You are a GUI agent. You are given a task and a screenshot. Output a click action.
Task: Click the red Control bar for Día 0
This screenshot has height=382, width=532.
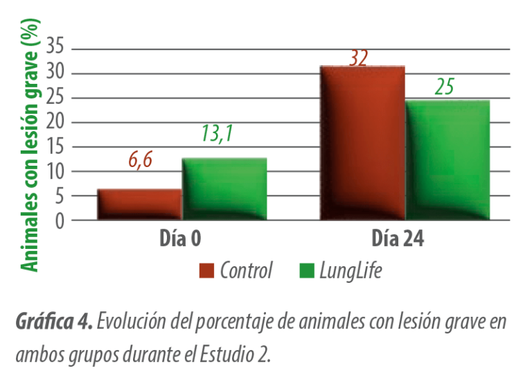click(139, 204)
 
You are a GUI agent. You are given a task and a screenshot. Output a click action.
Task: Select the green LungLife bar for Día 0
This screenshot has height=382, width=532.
click(224, 189)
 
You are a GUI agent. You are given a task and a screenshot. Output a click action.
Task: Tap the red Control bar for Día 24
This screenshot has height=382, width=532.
click(362, 143)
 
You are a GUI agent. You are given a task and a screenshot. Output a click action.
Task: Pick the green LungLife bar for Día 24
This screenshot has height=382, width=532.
click(447, 160)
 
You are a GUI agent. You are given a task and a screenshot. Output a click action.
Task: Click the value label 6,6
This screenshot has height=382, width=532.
click(140, 160)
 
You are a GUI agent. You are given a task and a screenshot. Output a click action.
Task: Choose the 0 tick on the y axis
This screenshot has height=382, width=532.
click(60, 221)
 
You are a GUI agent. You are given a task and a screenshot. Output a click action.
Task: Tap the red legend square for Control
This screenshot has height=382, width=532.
click(206, 270)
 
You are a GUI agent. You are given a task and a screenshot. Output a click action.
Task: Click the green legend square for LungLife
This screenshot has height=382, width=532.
click(305, 270)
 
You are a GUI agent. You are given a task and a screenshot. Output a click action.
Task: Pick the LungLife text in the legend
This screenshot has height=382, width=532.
click(351, 270)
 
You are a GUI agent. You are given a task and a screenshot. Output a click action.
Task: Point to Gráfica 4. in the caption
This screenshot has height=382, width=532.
click(53, 322)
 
